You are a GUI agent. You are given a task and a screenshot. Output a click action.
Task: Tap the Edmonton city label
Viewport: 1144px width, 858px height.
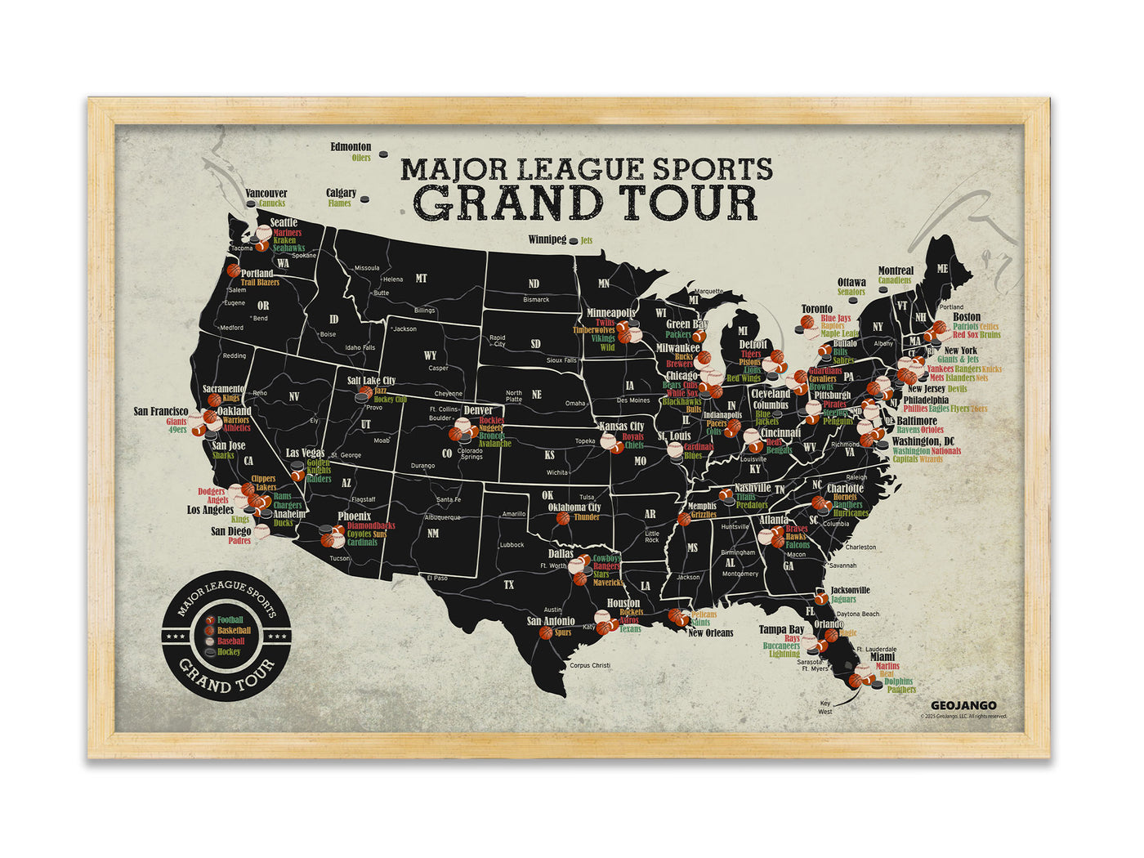click(351, 147)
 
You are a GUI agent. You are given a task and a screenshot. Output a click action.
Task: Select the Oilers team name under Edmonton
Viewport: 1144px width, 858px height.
click(361, 158)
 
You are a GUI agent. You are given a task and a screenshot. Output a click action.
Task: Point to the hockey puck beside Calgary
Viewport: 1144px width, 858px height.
click(364, 198)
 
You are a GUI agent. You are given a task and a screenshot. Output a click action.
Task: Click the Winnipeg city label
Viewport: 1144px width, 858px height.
click(547, 239)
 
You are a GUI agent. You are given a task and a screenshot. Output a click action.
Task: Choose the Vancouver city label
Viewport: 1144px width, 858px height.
click(266, 194)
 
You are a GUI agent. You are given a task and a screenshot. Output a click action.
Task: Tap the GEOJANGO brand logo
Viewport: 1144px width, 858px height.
click(963, 705)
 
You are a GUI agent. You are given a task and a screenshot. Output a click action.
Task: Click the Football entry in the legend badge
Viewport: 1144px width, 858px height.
click(230, 620)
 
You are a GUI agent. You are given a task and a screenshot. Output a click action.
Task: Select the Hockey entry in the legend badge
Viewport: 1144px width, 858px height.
click(229, 652)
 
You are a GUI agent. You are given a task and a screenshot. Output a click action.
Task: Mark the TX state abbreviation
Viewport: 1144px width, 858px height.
click(509, 584)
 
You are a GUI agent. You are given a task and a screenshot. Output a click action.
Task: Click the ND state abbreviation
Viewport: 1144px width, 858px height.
click(534, 284)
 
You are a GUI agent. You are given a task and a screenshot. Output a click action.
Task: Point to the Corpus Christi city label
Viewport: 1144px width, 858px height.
click(590, 665)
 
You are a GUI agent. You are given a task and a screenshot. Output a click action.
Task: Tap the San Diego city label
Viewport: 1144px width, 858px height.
click(230, 531)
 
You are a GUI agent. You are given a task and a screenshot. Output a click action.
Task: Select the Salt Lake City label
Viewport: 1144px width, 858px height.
click(371, 381)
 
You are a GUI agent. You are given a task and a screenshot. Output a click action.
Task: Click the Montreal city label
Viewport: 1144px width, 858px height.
click(896, 270)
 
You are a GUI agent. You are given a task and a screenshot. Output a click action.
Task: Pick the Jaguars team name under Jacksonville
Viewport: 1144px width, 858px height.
click(843, 600)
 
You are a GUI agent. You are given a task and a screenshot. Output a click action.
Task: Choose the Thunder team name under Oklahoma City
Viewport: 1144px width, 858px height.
click(587, 517)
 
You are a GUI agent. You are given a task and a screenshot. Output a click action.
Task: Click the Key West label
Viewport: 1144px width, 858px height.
click(825, 707)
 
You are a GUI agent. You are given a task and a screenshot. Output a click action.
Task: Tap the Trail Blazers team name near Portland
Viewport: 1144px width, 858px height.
click(260, 283)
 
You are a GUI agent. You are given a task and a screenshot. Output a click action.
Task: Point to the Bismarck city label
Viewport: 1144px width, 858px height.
click(536, 299)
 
